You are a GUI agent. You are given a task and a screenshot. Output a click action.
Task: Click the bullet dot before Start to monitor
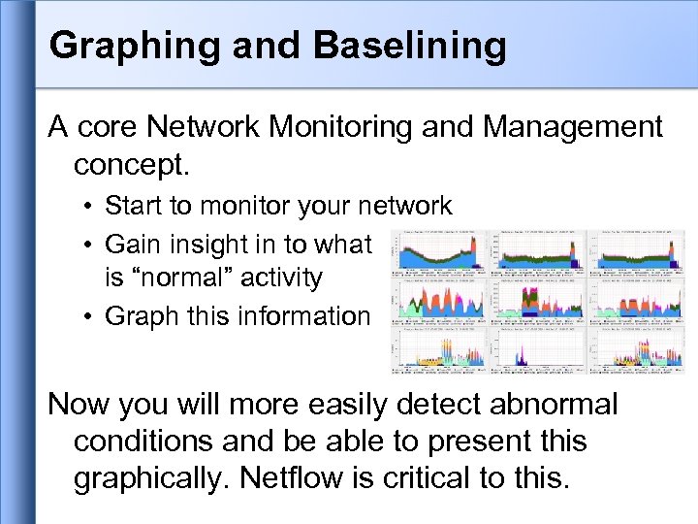87,207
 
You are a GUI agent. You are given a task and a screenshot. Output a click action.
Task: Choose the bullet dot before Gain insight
87,243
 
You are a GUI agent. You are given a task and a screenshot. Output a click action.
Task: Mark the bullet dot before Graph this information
87,316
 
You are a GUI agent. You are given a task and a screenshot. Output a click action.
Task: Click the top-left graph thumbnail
438,253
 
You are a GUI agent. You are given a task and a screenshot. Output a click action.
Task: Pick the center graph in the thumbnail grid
538,301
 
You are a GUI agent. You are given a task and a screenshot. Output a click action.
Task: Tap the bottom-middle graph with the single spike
538,350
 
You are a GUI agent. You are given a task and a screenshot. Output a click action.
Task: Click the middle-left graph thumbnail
438,301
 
